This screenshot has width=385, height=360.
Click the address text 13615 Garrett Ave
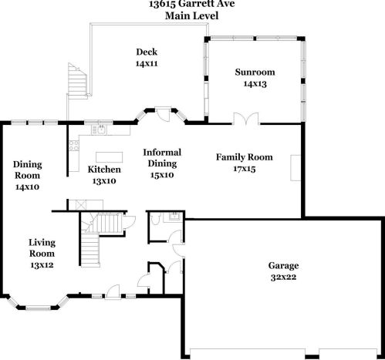192,3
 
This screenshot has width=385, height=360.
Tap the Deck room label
147,52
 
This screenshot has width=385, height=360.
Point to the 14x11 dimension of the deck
147,63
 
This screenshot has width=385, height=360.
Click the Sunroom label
255,72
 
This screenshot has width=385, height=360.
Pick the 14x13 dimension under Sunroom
255,83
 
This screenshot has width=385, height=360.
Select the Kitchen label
104,169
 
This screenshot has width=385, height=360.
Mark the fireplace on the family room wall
295,166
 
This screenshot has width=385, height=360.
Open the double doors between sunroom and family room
245,119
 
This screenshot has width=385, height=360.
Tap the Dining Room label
28,170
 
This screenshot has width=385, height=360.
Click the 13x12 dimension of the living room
42,264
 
